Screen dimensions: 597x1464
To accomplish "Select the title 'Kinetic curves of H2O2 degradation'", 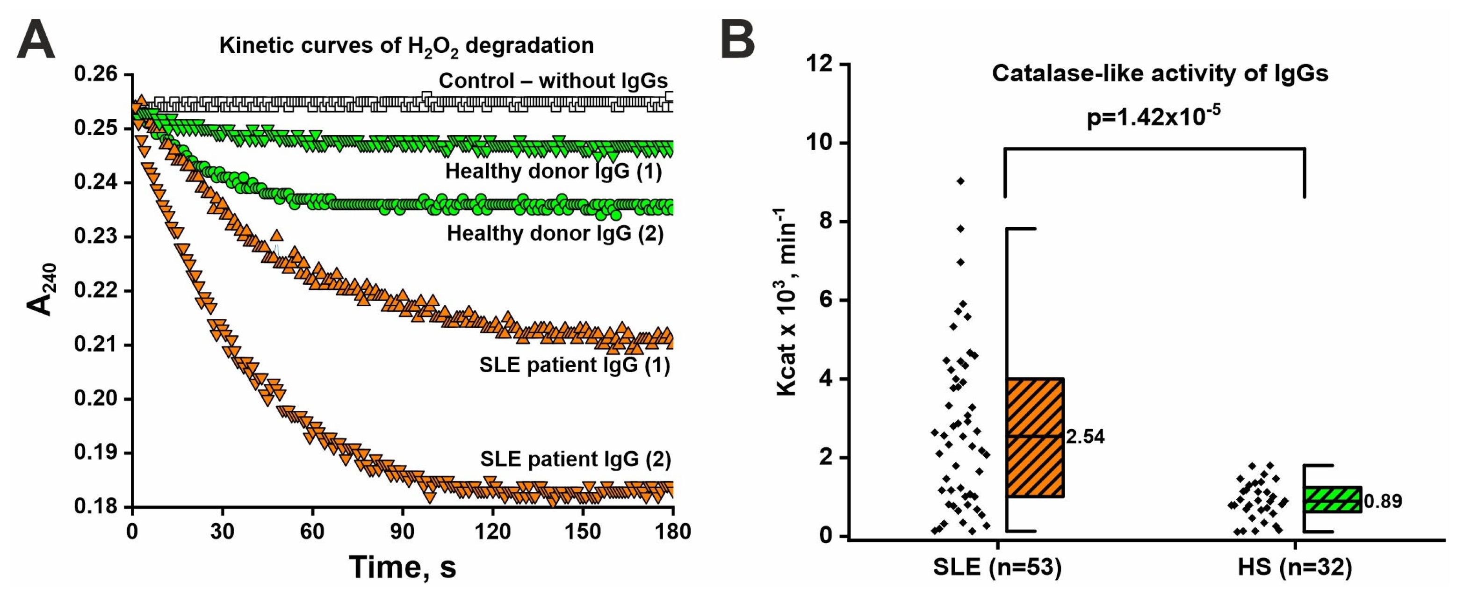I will pos(406,45).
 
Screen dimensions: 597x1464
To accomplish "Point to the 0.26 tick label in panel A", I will pos(95,74).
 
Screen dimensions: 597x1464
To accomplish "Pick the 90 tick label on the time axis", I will pos(403,532).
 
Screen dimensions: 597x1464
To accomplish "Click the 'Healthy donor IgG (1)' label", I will pos(553,171).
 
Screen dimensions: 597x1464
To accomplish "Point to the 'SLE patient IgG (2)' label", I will pos(575,459).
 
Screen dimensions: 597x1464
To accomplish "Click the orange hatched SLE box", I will pos(1035,438).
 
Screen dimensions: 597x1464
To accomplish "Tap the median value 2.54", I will pos(1085,437).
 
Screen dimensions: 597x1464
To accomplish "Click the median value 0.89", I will pos(1383,502).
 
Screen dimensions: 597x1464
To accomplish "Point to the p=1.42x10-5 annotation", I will pos(1154,118).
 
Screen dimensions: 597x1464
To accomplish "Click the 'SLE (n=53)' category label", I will pos(997,567).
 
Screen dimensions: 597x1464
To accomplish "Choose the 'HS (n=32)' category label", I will pos(1295,567).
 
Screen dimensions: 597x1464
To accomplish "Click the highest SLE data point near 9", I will pos(960,181).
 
